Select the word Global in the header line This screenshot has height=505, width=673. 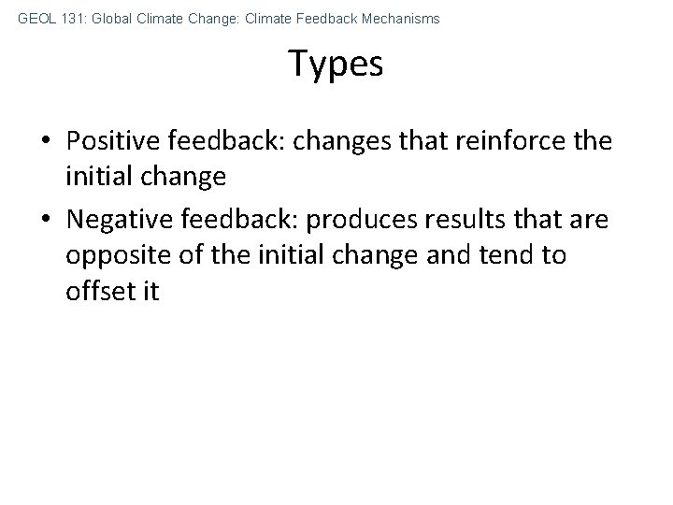point(114,19)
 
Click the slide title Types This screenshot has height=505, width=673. point(336,64)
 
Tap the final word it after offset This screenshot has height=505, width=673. point(150,290)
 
